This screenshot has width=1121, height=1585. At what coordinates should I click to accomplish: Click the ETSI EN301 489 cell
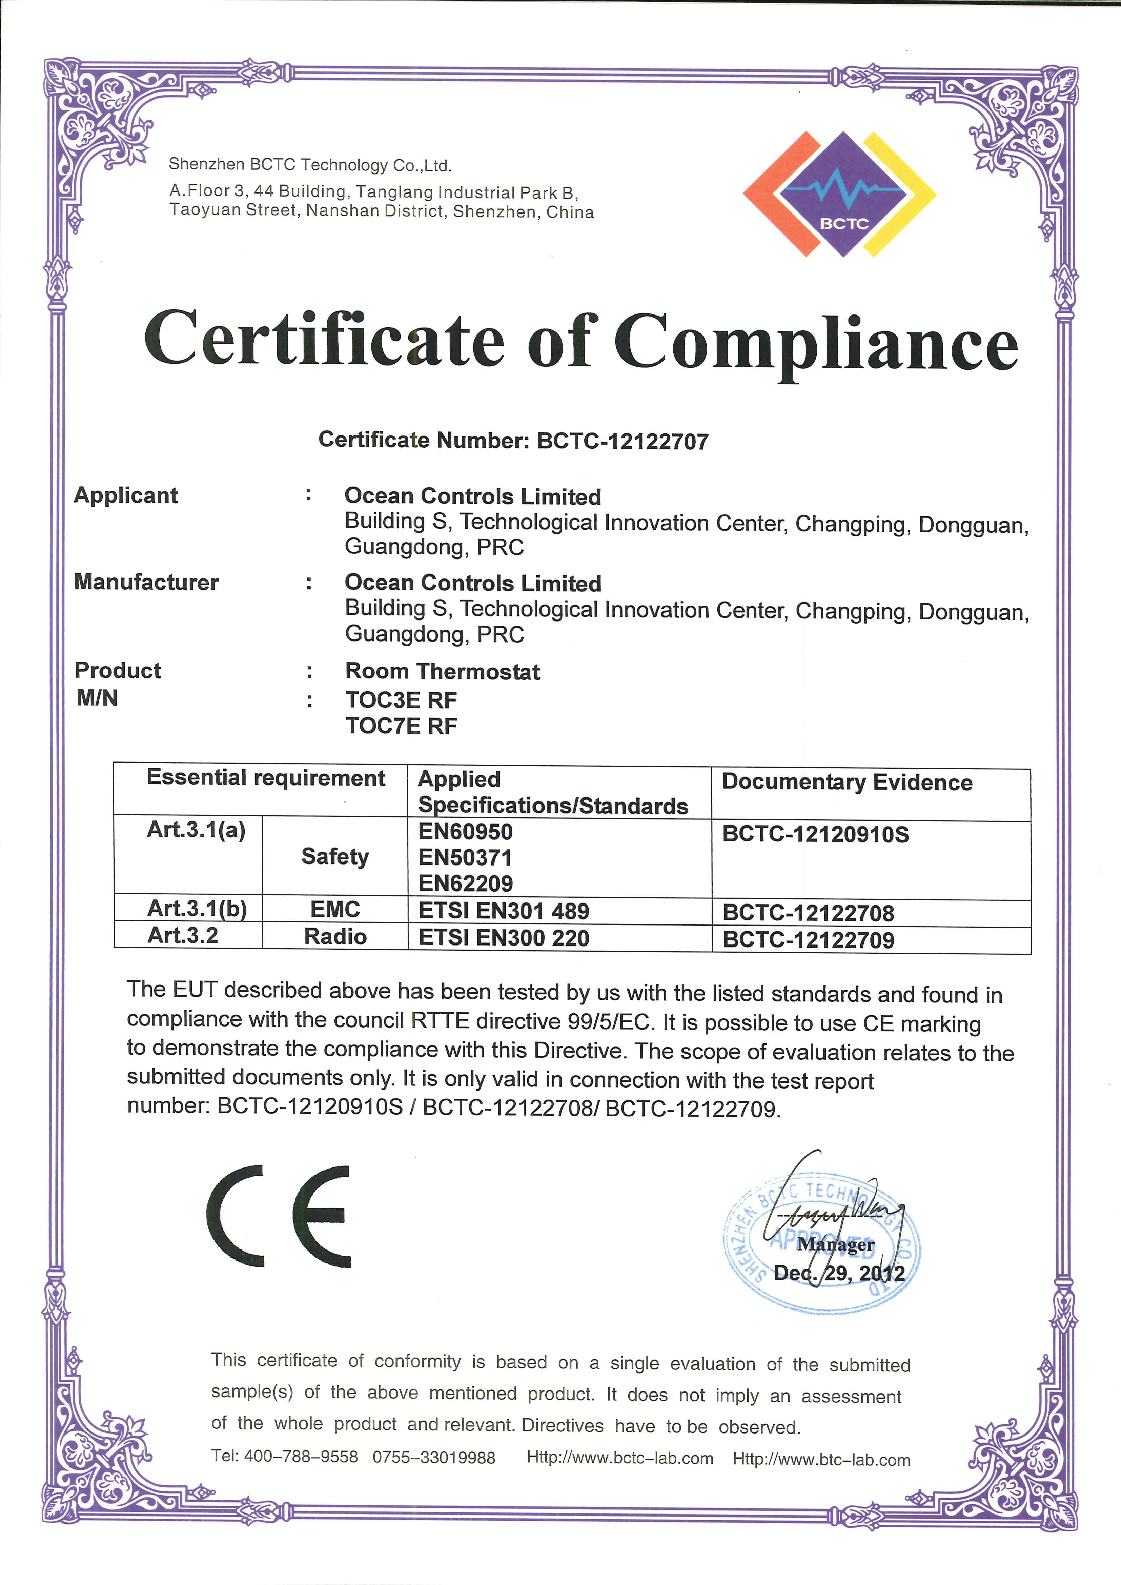[504, 911]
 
